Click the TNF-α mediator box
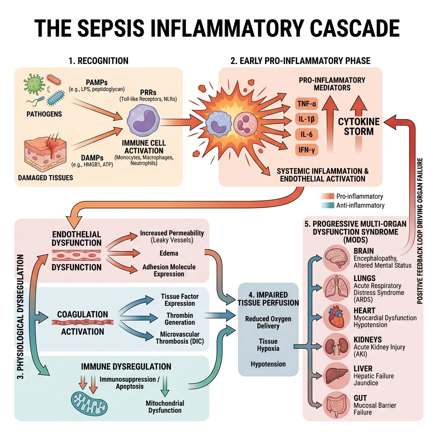(x=305, y=103)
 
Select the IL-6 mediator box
(x=305, y=134)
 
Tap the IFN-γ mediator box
(x=305, y=150)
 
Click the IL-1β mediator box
(x=305, y=119)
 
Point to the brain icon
(x=336, y=258)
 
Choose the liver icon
(x=336, y=375)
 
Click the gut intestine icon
(x=336, y=404)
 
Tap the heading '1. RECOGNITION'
(x=98, y=61)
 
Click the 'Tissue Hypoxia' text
(x=268, y=345)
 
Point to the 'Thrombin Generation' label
(x=180, y=319)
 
